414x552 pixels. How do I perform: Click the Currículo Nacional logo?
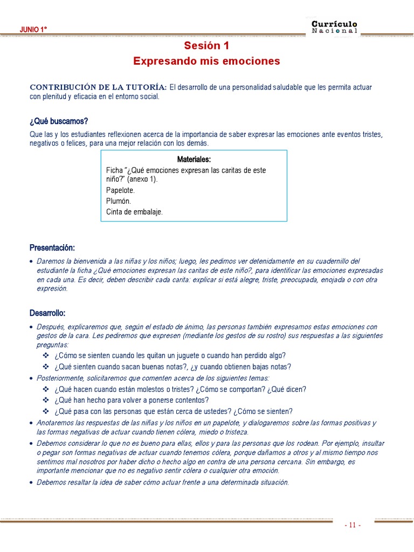(x=334, y=27)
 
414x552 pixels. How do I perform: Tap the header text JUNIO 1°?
(x=33, y=30)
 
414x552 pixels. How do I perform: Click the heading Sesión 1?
(x=206, y=45)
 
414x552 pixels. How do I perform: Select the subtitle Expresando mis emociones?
(x=206, y=61)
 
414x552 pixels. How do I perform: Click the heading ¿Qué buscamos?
(x=58, y=121)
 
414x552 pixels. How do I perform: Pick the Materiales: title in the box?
(x=194, y=160)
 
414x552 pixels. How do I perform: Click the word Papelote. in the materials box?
(x=121, y=191)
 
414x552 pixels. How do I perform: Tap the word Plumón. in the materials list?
(x=119, y=201)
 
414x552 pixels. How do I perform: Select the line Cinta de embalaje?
(x=134, y=212)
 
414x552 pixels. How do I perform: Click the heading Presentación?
(x=52, y=247)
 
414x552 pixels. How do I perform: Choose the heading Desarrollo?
(x=48, y=313)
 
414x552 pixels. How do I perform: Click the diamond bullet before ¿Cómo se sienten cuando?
(x=46, y=356)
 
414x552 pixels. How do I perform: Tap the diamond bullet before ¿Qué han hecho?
(x=46, y=401)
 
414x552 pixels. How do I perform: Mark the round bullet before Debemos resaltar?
(x=32, y=483)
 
